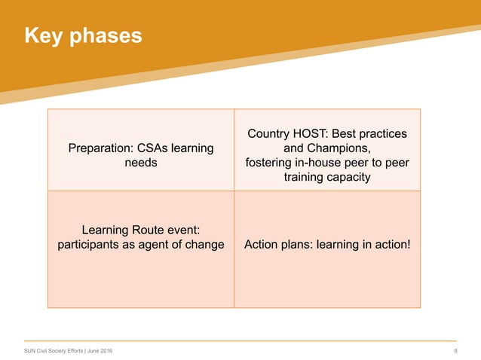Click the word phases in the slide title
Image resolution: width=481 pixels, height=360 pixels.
[x=105, y=36]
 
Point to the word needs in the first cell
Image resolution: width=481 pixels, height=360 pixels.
[x=140, y=163]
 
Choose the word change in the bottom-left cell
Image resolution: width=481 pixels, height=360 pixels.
[x=204, y=244]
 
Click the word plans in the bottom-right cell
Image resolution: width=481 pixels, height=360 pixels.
[x=294, y=244]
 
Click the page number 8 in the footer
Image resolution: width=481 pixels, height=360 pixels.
[x=455, y=352]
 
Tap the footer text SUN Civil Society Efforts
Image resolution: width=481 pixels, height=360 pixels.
[x=54, y=352]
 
